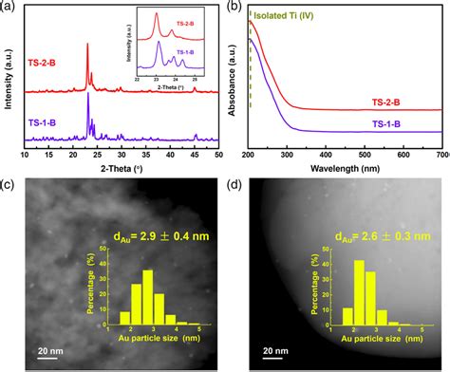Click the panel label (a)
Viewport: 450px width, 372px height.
[9, 7]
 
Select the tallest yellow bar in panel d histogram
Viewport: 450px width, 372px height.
[359, 293]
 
